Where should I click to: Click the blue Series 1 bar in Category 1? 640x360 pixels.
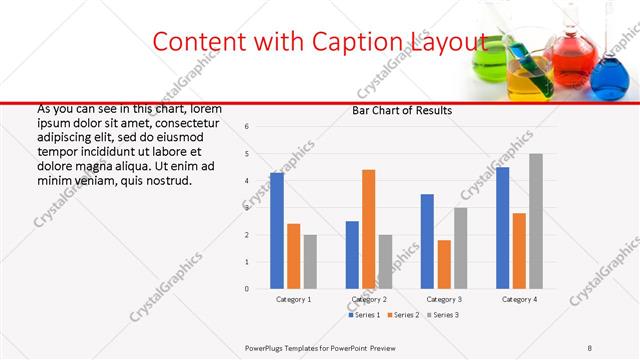pyautogui.click(x=277, y=231)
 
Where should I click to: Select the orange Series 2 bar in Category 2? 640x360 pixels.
pyautogui.click(x=369, y=229)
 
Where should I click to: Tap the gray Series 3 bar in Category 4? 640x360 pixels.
pyautogui.click(x=536, y=221)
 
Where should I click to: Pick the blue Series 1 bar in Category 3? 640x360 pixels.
pyautogui.click(x=427, y=241)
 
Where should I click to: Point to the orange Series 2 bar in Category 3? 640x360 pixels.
pyautogui.click(x=444, y=264)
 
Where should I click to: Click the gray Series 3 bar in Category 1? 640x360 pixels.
pyautogui.click(x=310, y=262)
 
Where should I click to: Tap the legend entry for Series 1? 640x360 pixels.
pyautogui.click(x=365, y=315)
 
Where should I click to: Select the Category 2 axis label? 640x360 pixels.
pyautogui.click(x=369, y=299)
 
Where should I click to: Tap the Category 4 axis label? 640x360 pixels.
pyautogui.click(x=519, y=299)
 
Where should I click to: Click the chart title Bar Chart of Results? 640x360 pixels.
pyautogui.click(x=402, y=110)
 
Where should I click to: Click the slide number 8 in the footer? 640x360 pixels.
pyautogui.click(x=590, y=347)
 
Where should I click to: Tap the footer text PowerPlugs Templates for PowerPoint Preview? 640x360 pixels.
pyautogui.click(x=320, y=347)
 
